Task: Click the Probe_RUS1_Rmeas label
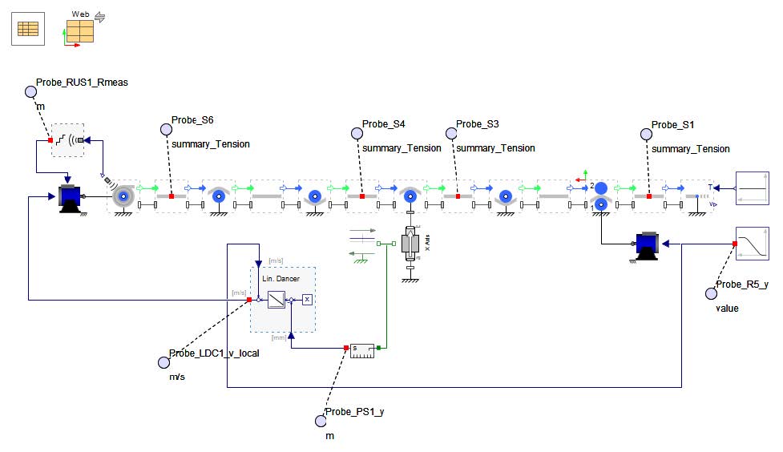(82, 82)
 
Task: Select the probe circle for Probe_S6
(166, 129)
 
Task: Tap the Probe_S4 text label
(384, 124)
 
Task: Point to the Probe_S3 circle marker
(450, 130)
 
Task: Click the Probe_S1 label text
(673, 124)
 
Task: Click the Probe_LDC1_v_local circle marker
(163, 362)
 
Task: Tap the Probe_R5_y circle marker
(711, 293)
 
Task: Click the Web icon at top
(79, 30)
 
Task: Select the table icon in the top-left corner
(28, 29)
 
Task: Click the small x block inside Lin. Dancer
(307, 299)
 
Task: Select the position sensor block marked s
(362, 349)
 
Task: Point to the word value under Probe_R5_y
(728, 308)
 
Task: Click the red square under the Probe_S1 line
(648, 195)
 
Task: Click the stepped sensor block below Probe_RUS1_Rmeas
(68, 141)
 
